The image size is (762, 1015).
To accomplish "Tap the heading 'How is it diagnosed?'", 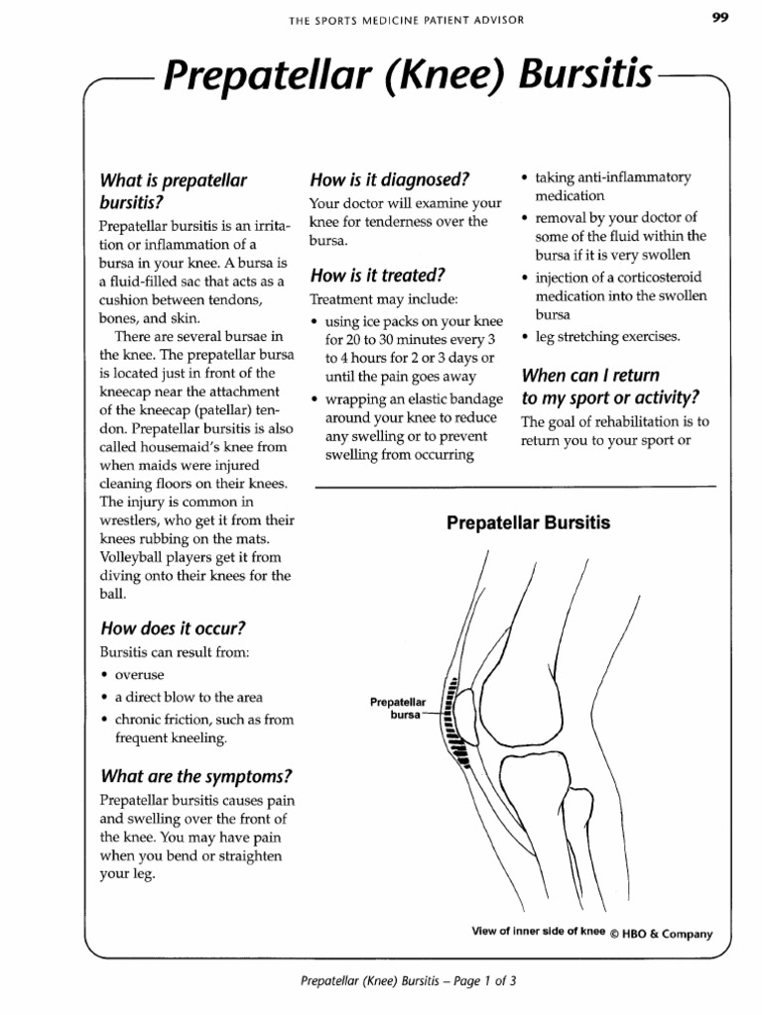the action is coord(389,179).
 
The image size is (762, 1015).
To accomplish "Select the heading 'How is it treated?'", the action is coord(377,275).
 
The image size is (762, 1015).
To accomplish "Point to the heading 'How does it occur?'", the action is coord(173,628).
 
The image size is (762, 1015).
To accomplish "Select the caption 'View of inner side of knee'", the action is coord(538,932).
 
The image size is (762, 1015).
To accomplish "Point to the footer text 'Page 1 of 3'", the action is coord(485,981).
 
